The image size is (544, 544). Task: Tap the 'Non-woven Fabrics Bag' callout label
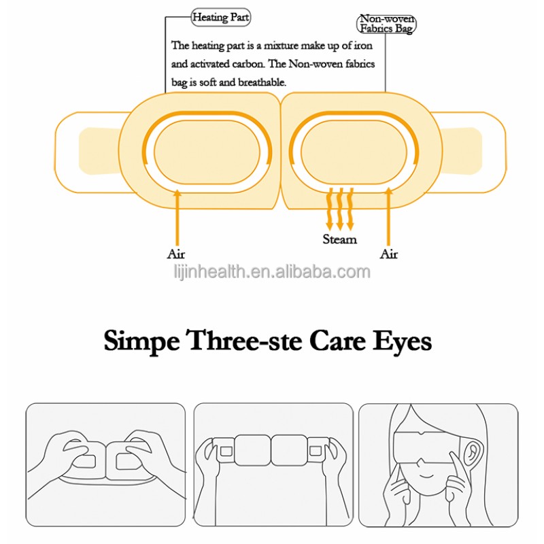pyautogui.click(x=386, y=24)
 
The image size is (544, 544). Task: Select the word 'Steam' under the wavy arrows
pyautogui.click(x=339, y=239)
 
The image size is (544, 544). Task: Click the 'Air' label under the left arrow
pyautogui.click(x=176, y=254)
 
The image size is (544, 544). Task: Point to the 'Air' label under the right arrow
pyautogui.click(x=388, y=254)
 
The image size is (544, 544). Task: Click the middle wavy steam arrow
pyautogui.click(x=340, y=207)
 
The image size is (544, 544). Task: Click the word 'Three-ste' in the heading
pyautogui.click(x=245, y=341)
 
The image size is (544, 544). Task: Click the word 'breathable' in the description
pyautogui.click(x=258, y=82)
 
